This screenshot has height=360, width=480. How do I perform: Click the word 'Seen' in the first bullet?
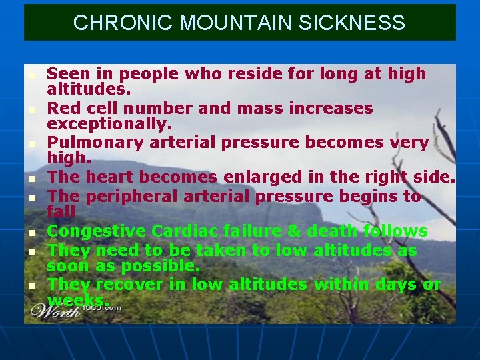tap(67, 73)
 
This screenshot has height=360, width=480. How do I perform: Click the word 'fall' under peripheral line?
tap(61, 212)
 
